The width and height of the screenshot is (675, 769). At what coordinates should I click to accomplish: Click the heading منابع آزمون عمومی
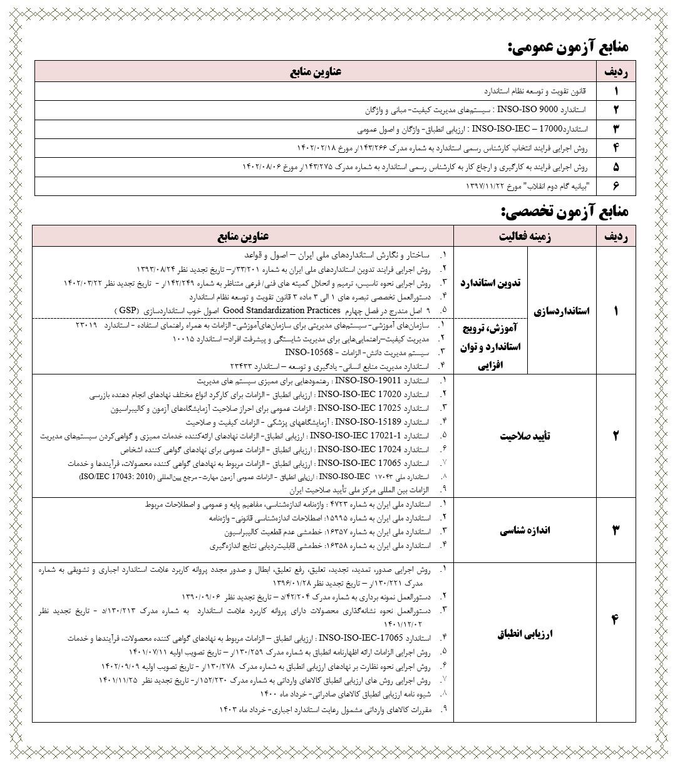point(568,46)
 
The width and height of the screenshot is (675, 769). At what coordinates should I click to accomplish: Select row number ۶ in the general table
point(616,187)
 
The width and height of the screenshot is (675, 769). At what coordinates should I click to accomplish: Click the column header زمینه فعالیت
point(525,236)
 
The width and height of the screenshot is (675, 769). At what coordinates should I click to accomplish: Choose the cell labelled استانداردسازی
point(562,311)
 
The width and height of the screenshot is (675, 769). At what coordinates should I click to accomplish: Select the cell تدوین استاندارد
point(490,283)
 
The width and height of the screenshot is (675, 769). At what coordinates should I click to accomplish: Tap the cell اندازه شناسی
point(525,531)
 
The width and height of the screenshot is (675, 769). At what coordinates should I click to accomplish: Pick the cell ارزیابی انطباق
point(525,634)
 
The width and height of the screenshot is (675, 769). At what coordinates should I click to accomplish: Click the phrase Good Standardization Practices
point(281,310)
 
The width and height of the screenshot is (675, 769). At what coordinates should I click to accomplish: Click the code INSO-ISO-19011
point(366,381)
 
